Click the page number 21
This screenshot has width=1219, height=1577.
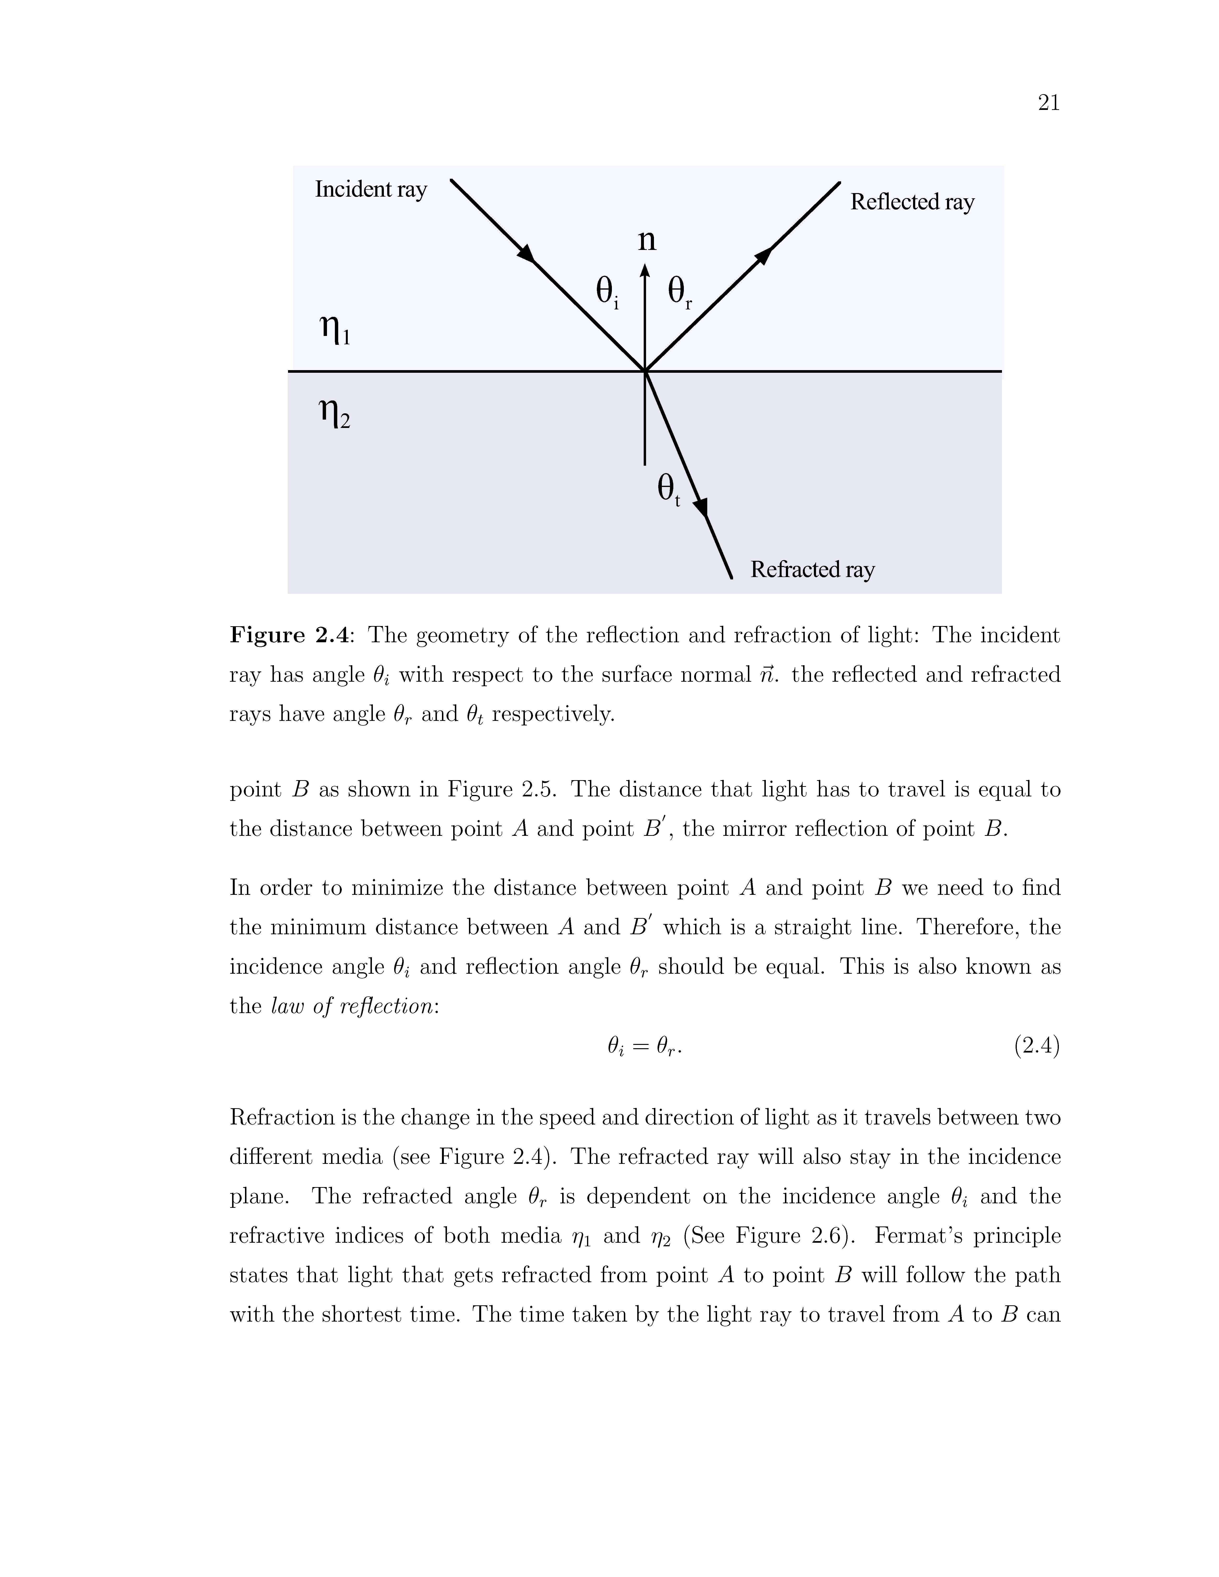point(1049,103)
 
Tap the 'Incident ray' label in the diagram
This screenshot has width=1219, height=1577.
point(370,189)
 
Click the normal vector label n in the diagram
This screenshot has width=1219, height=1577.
point(647,240)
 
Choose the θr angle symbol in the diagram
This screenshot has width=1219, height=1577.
point(680,292)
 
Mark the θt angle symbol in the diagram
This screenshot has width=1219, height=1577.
point(668,490)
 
